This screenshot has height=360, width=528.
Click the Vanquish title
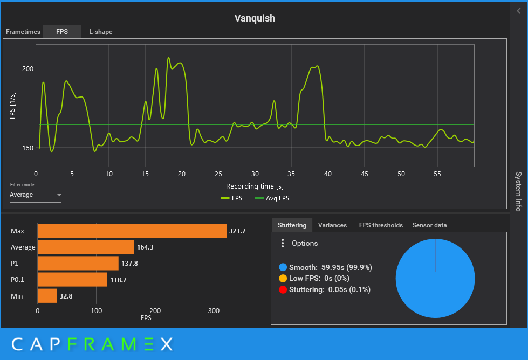255,18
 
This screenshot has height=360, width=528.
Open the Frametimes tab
23,32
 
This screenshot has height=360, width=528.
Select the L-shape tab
101,32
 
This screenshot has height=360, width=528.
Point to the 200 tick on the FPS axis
28,68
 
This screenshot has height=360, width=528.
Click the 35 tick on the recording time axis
291,174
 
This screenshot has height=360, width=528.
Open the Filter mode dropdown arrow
59,195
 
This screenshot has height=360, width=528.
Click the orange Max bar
132,231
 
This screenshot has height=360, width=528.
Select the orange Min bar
47,296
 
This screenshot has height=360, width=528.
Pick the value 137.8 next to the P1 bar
129,264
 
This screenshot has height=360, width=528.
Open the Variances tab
332,225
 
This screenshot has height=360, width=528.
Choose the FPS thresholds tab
381,225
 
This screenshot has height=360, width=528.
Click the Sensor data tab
429,225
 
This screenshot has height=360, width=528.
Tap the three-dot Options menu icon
283,244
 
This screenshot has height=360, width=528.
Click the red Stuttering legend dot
283,290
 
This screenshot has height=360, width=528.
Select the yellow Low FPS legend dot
283,279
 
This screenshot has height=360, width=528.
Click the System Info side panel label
518,191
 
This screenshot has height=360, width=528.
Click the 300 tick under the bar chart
214,311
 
